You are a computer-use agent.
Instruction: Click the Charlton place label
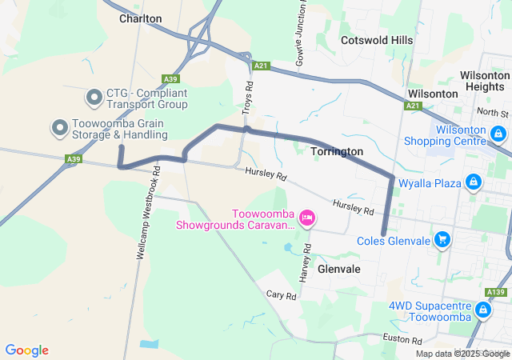[140, 18]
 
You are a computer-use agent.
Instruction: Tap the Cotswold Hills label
[376, 40]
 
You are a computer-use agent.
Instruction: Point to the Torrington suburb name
[336, 151]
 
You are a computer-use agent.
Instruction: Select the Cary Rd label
[281, 295]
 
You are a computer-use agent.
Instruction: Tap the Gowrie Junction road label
[302, 32]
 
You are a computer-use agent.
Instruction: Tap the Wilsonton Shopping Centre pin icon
[498, 134]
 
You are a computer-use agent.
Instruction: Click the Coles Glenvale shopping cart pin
[442, 239]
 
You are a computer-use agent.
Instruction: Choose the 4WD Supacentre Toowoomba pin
[483, 310]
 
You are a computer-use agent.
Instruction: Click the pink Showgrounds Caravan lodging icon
[306, 218]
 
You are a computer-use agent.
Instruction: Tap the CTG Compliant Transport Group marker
[94, 98]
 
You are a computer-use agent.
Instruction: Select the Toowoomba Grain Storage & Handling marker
[59, 127]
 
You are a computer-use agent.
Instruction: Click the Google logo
[26, 350]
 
